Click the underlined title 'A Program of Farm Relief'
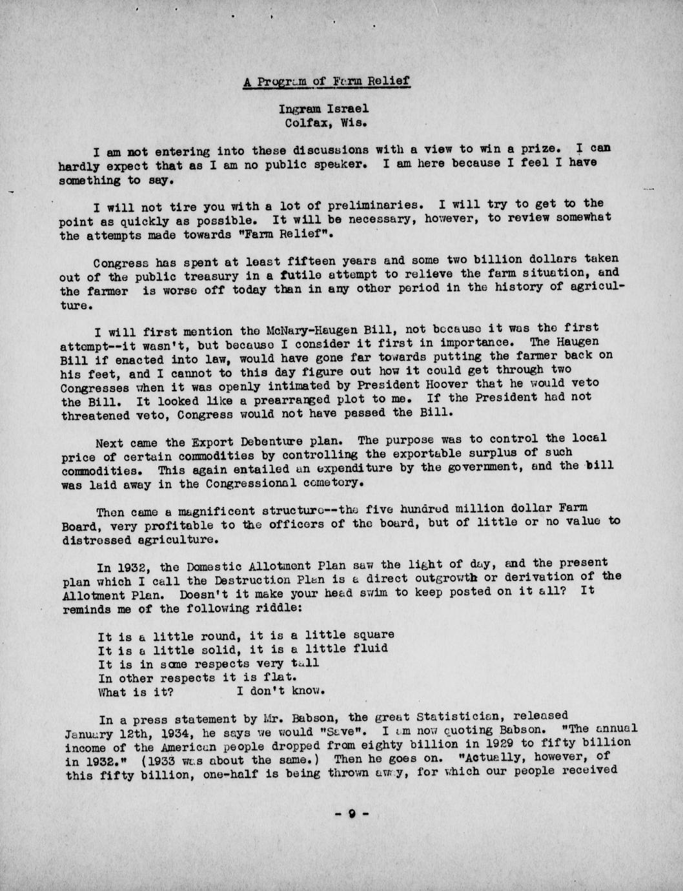[x=327, y=82]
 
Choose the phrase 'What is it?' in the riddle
[x=136, y=692]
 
